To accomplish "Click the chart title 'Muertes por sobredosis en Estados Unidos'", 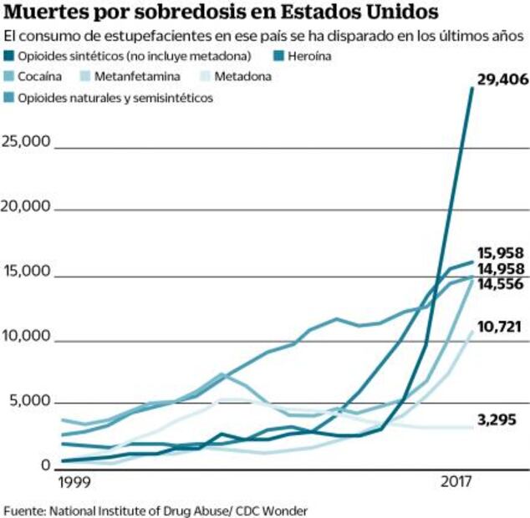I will pyautogui.click(x=221, y=14).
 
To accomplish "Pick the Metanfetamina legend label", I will pyautogui.click(x=136, y=77).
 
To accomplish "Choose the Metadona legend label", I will pyautogui.click(x=243, y=77).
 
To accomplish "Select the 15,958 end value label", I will pyautogui.click(x=501, y=252).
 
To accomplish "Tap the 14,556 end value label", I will pyautogui.click(x=501, y=284).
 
